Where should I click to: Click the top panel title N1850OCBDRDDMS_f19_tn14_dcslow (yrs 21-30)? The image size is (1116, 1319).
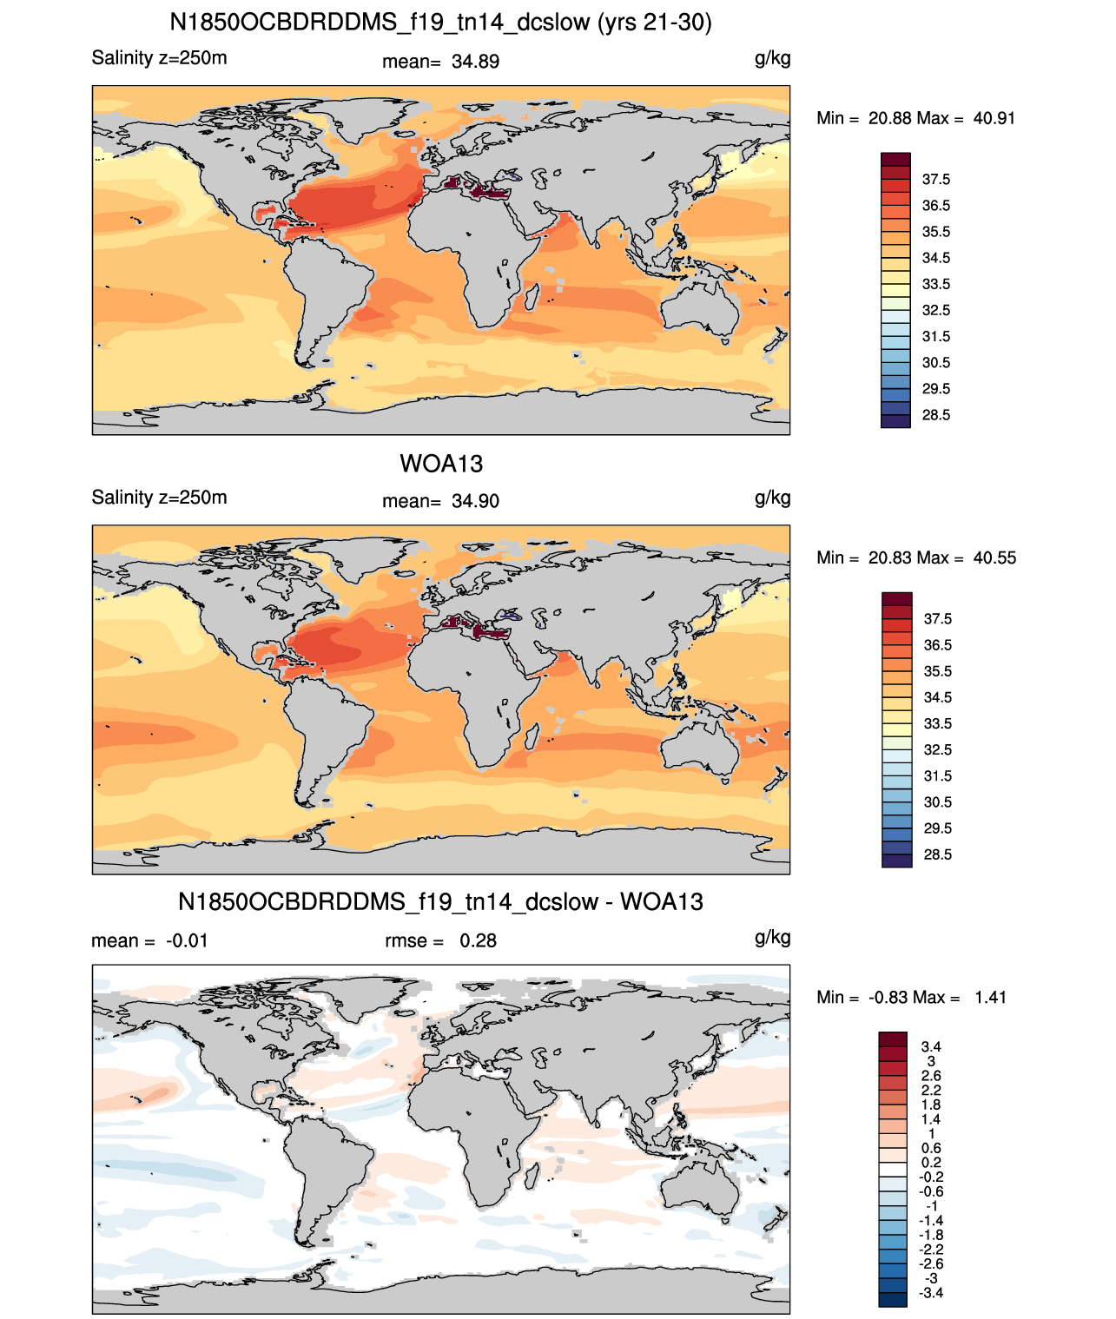pos(440,23)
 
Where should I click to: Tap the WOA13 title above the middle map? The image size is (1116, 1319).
pos(441,464)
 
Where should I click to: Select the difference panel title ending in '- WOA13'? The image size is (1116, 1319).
pos(440,901)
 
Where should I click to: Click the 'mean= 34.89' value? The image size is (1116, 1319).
pos(440,62)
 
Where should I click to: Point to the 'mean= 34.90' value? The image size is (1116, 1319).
pos(440,501)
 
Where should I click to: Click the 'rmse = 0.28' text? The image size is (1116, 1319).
pos(440,940)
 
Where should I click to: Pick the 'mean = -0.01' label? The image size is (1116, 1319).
pos(149,940)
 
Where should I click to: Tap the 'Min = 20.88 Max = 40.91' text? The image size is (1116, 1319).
pos(915,118)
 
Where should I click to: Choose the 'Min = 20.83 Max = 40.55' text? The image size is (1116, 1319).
pos(916,557)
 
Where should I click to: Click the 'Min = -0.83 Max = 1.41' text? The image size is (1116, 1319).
pos(911,998)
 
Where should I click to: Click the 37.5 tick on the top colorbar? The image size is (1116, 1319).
pos(935,180)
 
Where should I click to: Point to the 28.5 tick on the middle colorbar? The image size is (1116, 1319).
pos(937,854)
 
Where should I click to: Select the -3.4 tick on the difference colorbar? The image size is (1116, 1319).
pos(931,1294)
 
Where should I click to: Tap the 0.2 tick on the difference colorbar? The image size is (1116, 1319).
pos(931,1163)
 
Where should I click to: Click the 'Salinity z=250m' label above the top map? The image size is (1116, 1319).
pos(159,58)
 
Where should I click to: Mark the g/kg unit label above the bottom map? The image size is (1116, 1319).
pos(772,938)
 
